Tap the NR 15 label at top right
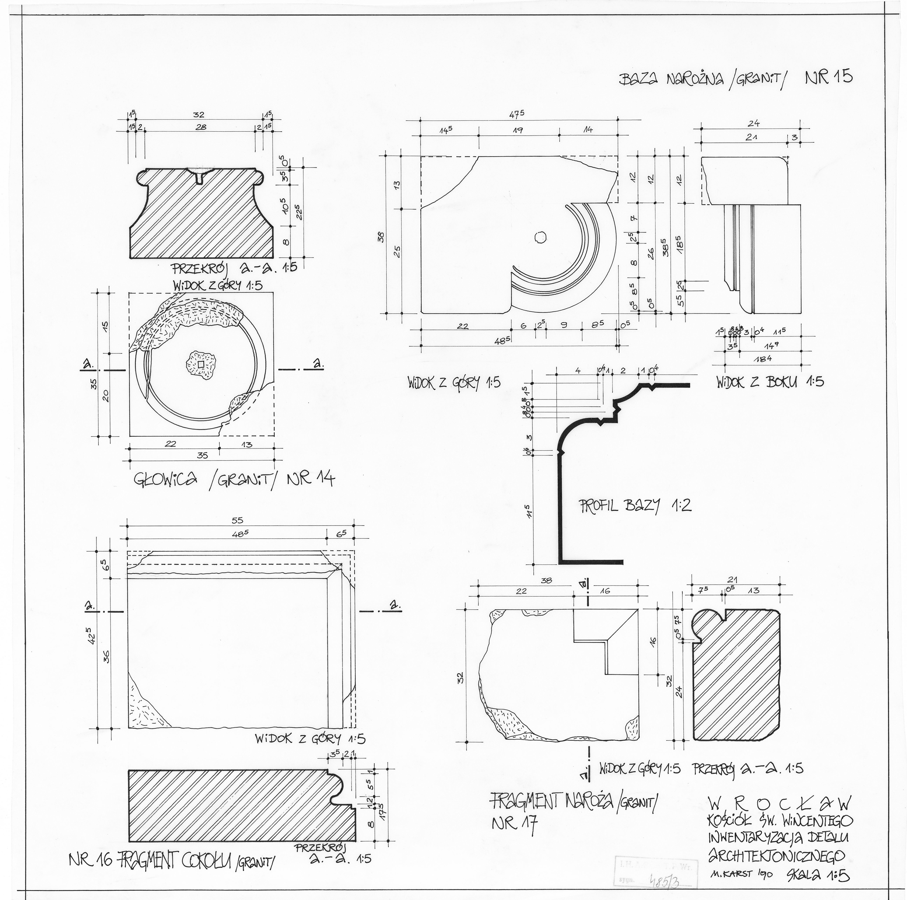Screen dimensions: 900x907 (829, 76)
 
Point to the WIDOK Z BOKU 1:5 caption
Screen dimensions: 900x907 (770, 381)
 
